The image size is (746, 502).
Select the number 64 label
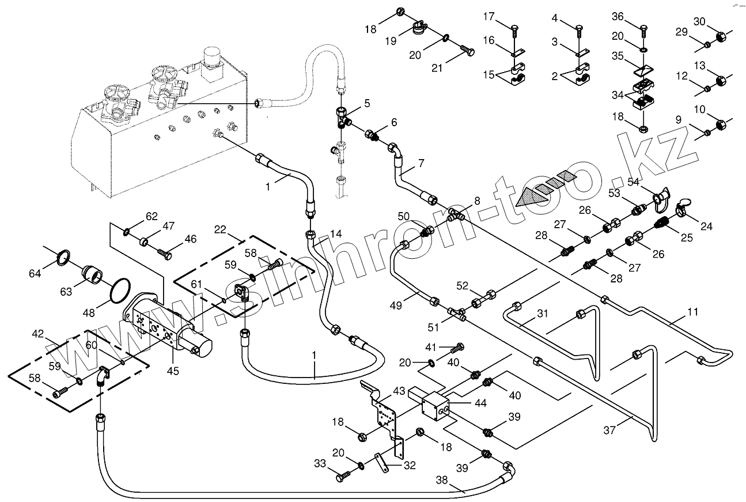pos(36,273)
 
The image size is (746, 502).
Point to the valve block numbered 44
pos(436,406)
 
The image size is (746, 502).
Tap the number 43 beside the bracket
pos(399,391)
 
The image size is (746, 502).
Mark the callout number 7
pos(421,164)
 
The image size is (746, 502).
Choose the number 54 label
pos(633,182)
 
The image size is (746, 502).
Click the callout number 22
pos(219,229)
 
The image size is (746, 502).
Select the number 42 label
pos(37,334)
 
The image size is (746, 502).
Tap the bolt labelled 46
pos(165,252)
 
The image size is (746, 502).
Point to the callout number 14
pos(336,233)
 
